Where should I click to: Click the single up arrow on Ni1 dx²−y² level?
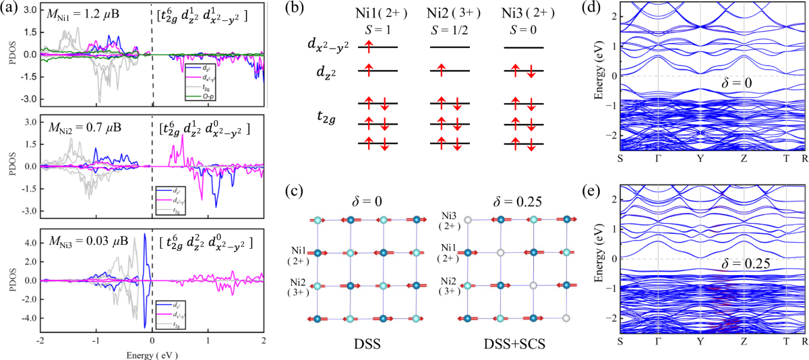pos(369,46)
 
